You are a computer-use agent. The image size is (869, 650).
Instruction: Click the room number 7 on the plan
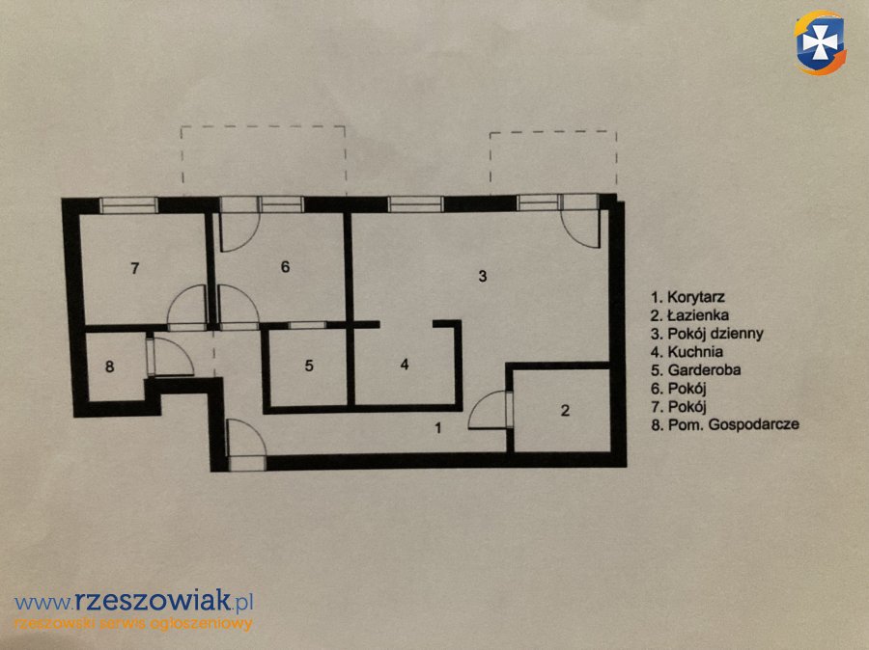click(134, 268)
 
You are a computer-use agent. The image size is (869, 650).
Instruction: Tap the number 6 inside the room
click(285, 267)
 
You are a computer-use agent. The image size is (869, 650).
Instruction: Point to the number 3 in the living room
click(483, 276)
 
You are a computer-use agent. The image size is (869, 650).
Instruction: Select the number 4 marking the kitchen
click(405, 365)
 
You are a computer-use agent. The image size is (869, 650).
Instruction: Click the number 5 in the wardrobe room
click(309, 366)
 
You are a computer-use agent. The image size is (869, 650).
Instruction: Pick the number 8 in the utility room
click(110, 366)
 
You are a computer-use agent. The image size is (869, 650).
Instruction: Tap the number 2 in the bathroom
click(565, 410)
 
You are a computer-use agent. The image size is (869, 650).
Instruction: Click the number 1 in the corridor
click(438, 428)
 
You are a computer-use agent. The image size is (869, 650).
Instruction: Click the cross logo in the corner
click(820, 42)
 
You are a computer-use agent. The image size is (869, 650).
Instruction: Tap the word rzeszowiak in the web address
click(152, 600)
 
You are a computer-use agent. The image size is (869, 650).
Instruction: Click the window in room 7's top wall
click(128, 205)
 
